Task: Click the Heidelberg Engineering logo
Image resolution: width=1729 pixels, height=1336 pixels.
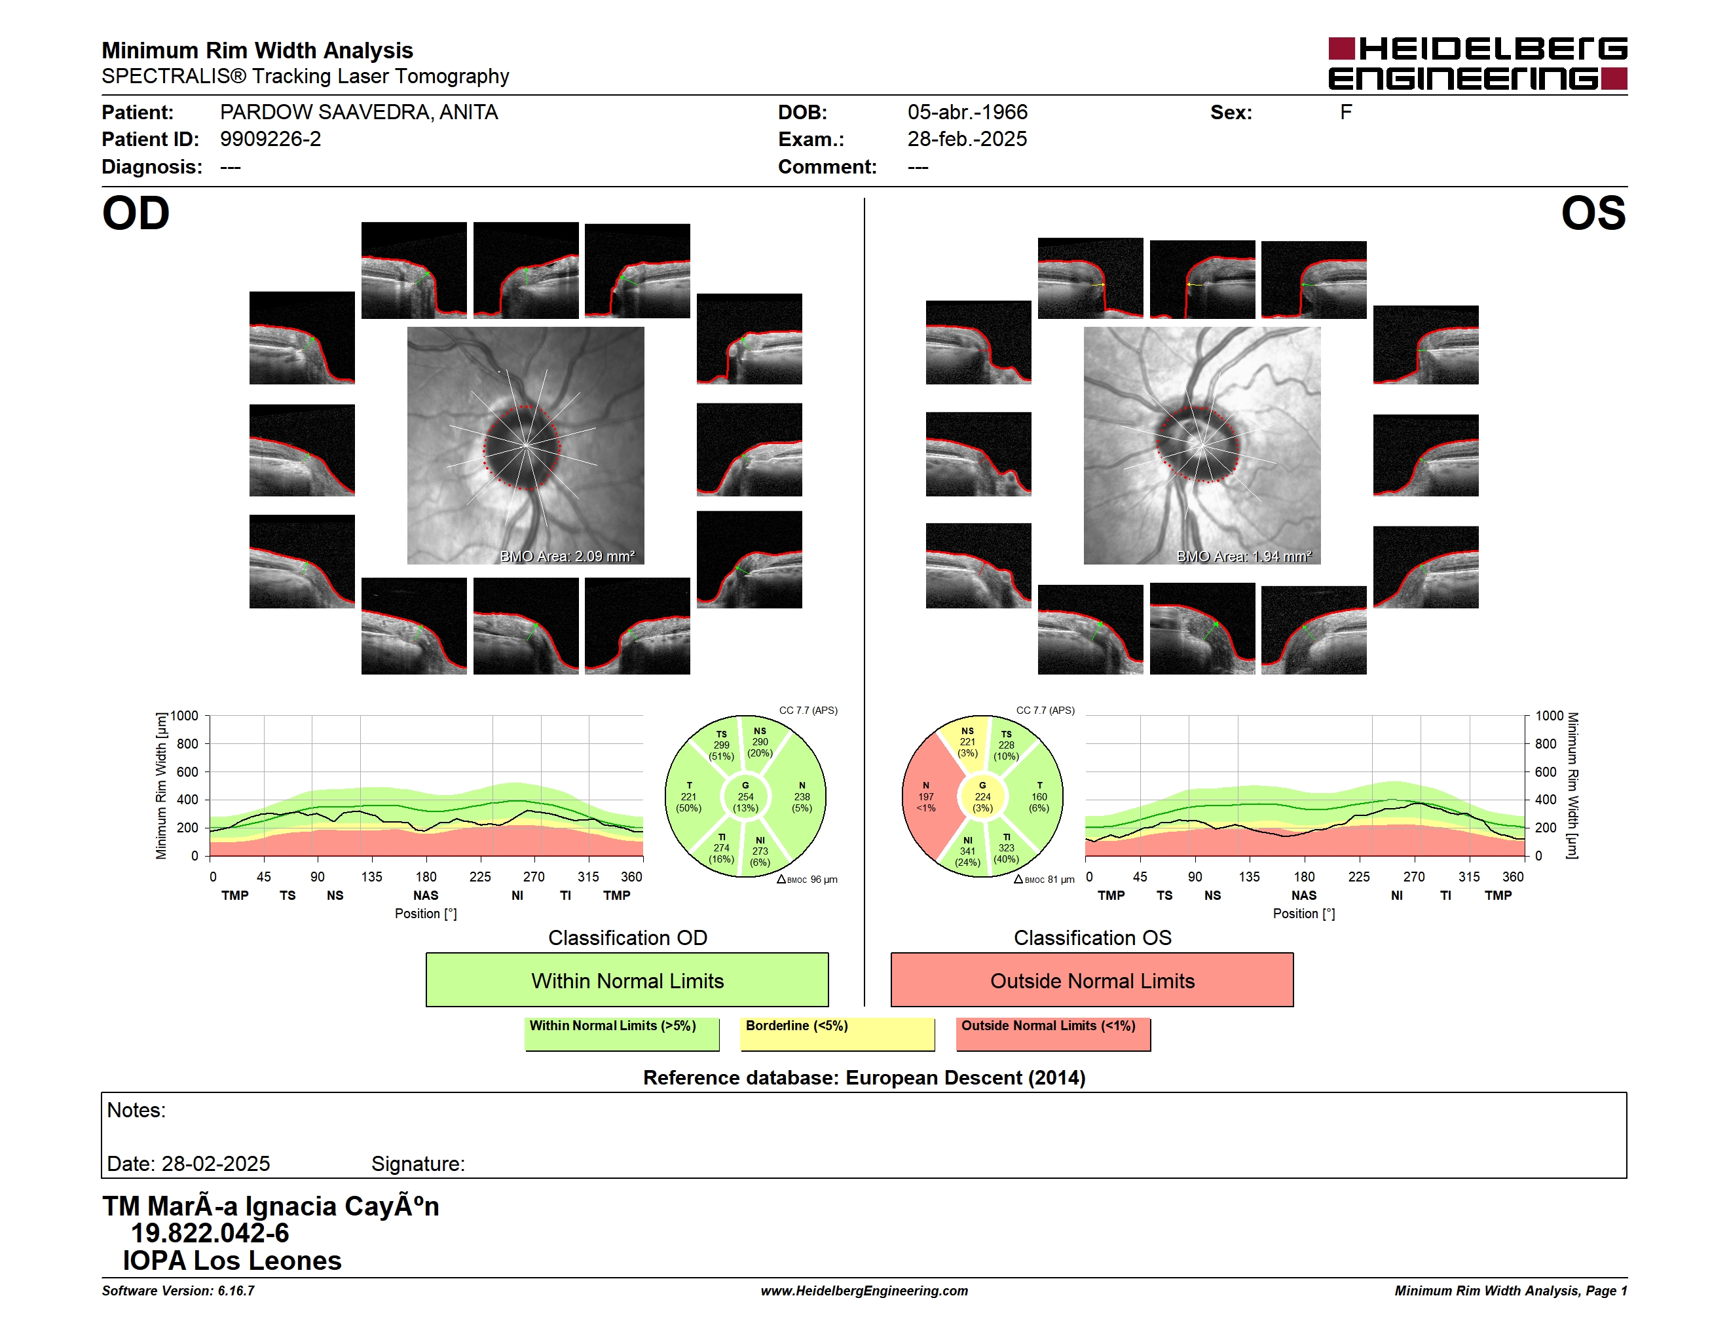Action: pyautogui.click(x=1478, y=64)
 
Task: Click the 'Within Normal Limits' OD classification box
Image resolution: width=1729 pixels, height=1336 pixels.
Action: pyautogui.click(x=627, y=980)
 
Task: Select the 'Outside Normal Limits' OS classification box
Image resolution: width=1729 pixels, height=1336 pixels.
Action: pyautogui.click(x=1092, y=980)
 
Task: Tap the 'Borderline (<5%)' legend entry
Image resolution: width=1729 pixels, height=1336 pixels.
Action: pyautogui.click(x=837, y=1033)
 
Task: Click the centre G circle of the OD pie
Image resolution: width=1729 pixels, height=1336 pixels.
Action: pyautogui.click(x=745, y=797)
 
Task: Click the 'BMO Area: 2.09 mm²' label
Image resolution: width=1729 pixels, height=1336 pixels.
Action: pyautogui.click(x=567, y=557)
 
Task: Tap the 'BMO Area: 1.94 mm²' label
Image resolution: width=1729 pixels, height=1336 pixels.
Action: pyautogui.click(x=1244, y=557)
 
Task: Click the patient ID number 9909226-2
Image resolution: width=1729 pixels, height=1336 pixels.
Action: pyautogui.click(x=270, y=139)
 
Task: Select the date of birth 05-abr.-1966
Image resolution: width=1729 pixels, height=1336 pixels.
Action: pyautogui.click(x=967, y=113)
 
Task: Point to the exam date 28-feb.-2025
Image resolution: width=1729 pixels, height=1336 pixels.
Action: pyautogui.click(x=967, y=139)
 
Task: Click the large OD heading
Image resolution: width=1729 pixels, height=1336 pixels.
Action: pyautogui.click(x=136, y=213)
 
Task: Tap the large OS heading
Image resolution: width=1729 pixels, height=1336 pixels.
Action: pyautogui.click(x=1593, y=213)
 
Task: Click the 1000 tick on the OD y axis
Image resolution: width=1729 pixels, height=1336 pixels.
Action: pyautogui.click(x=185, y=716)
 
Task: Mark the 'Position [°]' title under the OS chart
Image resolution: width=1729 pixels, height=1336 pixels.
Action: pyautogui.click(x=1304, y=914)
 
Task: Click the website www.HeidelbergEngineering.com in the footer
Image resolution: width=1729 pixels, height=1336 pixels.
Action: pyautogui.click(x=864, y=1291)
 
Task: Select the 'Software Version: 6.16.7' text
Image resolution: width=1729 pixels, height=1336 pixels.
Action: pyautogui.click(x=178, y=1291)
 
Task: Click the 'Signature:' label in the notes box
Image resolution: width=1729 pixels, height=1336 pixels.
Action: pyautogui.click(x=418, y=1164)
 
